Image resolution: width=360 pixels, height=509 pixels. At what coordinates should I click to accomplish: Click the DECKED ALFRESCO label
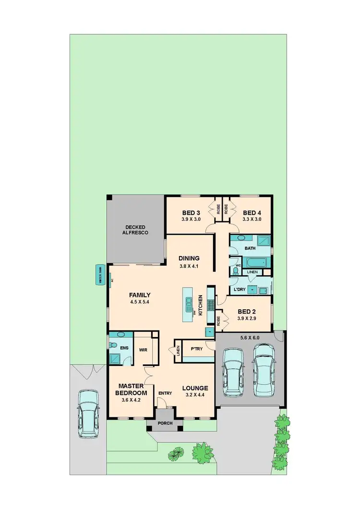136,230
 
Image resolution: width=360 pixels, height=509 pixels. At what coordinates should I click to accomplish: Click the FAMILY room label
140,295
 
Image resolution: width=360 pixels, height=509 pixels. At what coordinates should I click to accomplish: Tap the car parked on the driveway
89,413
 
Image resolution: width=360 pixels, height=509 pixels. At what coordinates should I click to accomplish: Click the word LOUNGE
195,388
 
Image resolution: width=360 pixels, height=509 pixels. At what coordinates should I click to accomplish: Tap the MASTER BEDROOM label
129,389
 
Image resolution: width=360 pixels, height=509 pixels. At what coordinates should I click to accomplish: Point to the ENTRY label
165,393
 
